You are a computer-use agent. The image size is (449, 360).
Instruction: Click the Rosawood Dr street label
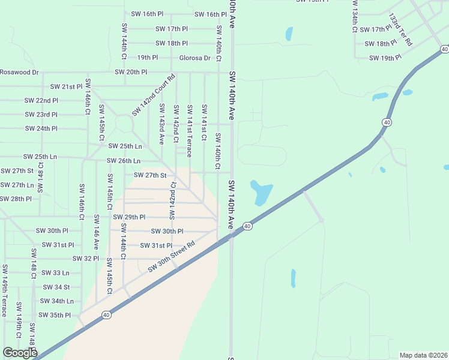point(19,72)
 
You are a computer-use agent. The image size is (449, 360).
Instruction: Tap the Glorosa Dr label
point(195,58)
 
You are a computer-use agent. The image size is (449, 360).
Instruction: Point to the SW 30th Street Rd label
point(172,257)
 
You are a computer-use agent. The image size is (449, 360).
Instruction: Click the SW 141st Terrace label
point(189,131)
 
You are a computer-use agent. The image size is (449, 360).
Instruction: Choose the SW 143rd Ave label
point(161,124)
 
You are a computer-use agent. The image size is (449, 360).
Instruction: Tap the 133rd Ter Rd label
point(400,30)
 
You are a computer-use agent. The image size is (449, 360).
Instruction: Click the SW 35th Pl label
point(54,315)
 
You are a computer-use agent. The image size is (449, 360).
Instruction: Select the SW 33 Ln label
point(56,272)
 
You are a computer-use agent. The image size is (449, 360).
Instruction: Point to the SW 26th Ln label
point(124,161)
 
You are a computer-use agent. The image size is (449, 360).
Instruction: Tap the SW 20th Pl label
point(131,72)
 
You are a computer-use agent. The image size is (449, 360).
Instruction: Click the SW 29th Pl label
point(129,217)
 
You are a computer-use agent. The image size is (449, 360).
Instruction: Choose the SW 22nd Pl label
point(41,101)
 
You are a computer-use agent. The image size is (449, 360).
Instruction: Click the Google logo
point(20,353)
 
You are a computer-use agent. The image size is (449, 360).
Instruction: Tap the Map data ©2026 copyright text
point(423,355)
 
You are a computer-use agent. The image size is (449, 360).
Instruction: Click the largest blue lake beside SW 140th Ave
point(261,192)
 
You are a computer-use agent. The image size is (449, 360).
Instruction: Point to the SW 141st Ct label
point(204,122)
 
